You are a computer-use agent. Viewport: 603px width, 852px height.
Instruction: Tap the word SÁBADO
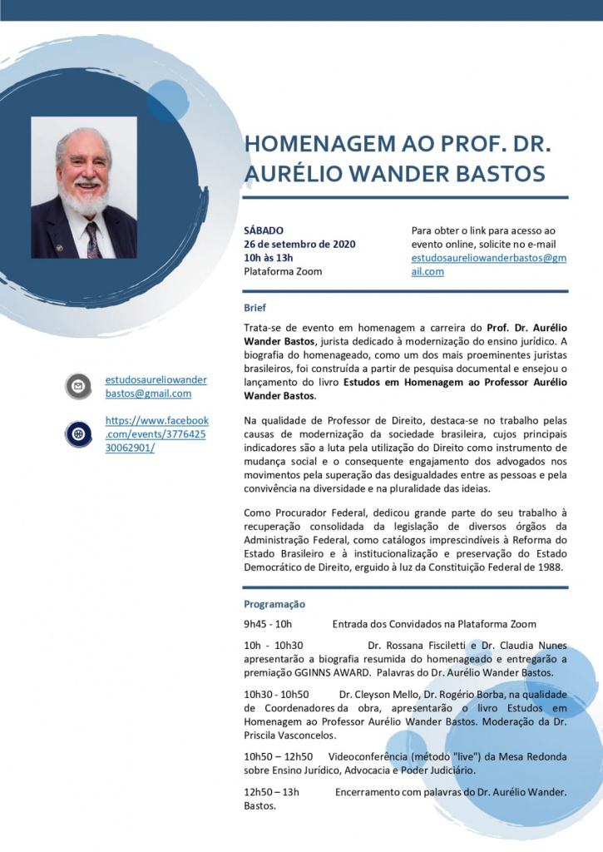coord(264,230)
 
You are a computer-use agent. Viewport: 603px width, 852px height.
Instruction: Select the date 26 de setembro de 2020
coord(299,244)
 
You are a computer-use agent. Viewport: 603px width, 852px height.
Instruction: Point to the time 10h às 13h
coord(269,258)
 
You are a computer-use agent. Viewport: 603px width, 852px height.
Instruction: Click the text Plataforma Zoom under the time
coord(283,271)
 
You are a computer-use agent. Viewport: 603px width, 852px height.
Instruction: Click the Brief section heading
coord(255,307)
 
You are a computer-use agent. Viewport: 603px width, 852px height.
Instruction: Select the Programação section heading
coord(274,604)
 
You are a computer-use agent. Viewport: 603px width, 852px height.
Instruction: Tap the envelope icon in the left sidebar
coord(78,386)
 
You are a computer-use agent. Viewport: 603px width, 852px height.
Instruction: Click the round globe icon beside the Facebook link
coord(78,433)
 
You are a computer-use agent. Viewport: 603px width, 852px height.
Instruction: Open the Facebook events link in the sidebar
coord(156,433)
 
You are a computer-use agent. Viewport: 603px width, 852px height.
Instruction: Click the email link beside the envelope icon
coord(156,386)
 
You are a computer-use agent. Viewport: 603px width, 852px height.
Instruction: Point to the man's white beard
coord(84,200)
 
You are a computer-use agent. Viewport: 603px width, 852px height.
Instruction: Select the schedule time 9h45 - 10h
coord(268,624)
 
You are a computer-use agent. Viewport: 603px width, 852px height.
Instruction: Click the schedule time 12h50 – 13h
coord(271,792)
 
